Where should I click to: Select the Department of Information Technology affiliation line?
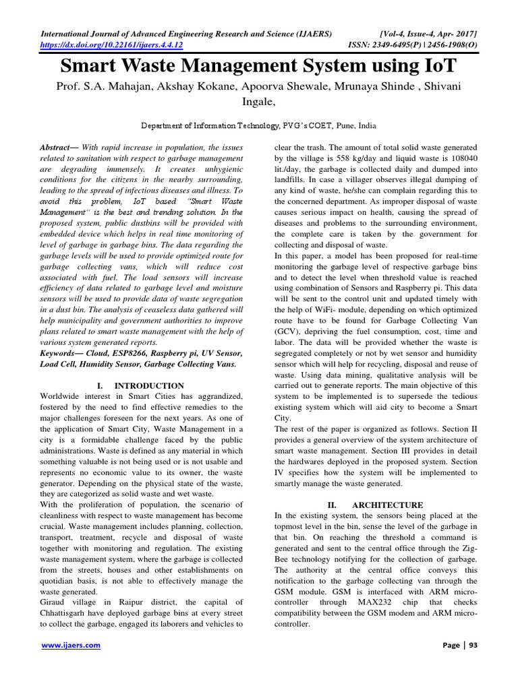[x=258, y=125]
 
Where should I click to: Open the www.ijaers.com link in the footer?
[x=71, y=645]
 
